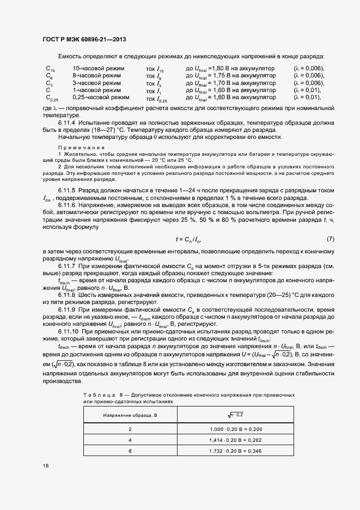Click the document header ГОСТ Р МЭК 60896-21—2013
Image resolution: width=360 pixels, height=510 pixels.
click(x=84, y=39)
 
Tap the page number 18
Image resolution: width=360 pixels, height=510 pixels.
click(x=45, y=465)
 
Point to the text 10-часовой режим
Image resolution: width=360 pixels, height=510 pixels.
click(x=99, y=69)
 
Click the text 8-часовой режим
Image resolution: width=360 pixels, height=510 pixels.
click(x=97, y=76)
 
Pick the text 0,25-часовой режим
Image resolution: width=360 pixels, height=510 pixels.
click(x=100, y=98)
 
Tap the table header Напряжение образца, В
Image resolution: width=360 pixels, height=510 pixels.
click(x=130, y=416)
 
